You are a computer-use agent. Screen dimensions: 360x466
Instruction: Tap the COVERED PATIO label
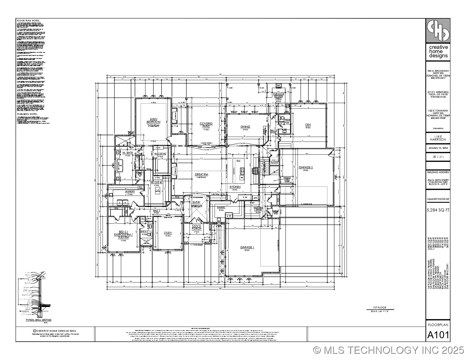pos(206,125)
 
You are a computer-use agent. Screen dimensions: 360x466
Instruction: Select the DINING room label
pos(245,127)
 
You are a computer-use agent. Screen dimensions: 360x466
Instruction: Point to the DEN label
pos(308,125)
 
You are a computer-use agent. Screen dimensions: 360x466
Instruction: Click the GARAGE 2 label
pos(306,167)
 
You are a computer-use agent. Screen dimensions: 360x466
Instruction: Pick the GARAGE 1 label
pos(247,247)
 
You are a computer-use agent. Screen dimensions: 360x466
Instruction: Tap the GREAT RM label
pos(201,174)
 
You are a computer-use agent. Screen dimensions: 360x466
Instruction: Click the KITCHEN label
pos(235,187)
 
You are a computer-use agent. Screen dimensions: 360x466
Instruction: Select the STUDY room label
pos(168,233)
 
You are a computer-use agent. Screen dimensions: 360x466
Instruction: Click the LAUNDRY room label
pos(130,191)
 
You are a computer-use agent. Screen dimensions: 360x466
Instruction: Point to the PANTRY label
pos(221,207)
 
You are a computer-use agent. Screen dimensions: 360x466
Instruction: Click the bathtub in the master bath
pos(120,165)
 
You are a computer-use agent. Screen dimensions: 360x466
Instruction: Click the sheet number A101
pos(438,335)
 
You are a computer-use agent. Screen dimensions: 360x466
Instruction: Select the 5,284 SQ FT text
pos(438,210)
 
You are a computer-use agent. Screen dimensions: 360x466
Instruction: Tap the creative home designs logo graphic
pos(438,30)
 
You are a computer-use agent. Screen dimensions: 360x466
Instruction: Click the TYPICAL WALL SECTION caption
pos(38,320)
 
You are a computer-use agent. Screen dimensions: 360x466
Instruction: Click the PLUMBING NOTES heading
pos(27,114)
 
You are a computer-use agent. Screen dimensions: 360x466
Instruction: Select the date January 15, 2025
pos(438,148)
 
